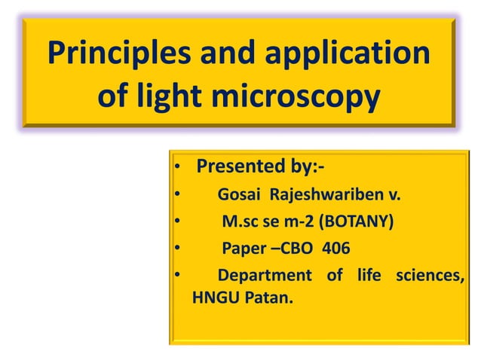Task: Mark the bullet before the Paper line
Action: pyautogui.click(x=176, y=249)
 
